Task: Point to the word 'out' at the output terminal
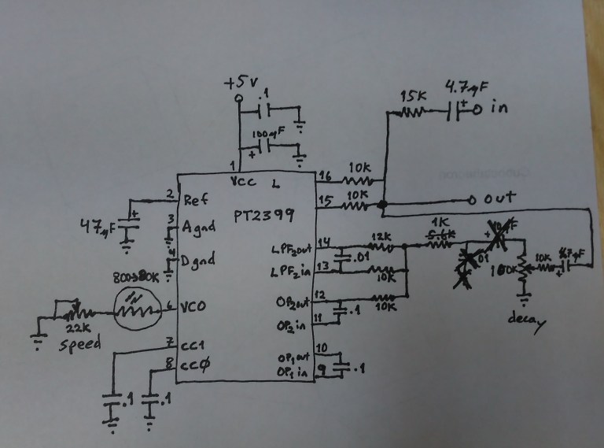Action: (500, 199)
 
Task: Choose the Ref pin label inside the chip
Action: (196, 200)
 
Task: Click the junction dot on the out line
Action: (383, 205)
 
